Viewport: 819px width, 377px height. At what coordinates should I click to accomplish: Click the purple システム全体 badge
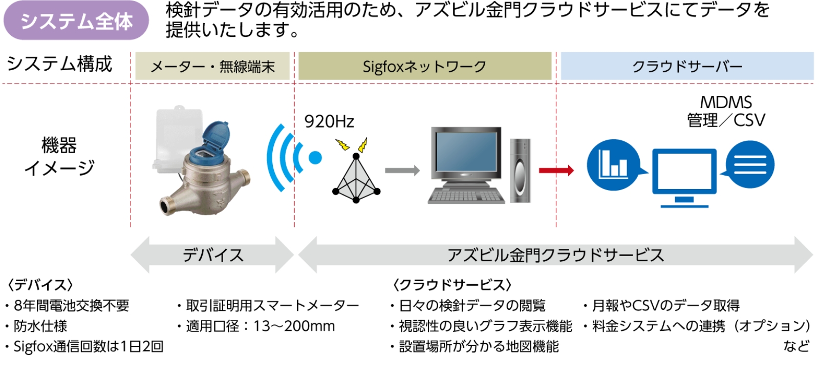(76, 21)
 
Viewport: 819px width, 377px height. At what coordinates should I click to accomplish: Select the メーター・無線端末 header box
(212, 67)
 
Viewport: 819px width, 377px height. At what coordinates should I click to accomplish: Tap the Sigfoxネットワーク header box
(424, 67)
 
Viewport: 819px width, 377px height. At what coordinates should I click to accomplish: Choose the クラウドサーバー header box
(687, 67)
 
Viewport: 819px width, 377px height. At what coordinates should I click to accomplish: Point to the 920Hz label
(329, 121)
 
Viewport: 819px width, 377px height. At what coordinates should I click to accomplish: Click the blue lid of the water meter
(215, 135)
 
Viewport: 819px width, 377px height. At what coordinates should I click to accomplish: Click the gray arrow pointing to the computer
(402, 171)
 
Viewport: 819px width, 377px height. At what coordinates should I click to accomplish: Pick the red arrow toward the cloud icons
(556, 170)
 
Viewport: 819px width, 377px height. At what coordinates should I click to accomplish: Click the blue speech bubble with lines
(749, 164)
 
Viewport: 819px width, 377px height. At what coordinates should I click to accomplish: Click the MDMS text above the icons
(726, 102)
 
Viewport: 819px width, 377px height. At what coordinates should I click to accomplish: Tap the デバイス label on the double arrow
(213, 255)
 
